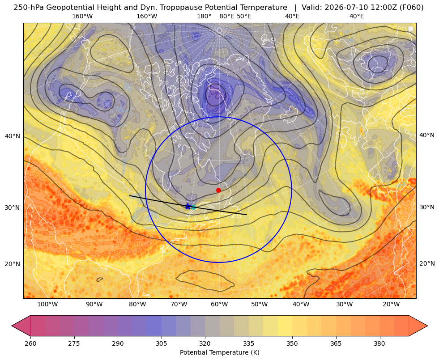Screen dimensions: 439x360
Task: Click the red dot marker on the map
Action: [x=218, y=190]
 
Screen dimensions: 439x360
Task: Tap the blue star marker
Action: [x=188, y=207]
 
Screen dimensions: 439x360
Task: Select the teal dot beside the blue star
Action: [x=193, y=207]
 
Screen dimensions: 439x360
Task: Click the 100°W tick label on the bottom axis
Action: [x=47, y=305]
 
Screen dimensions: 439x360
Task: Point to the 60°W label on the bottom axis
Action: [x=219, y=305]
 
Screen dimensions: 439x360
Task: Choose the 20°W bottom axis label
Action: [x=391, y=305]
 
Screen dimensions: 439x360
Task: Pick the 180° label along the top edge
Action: [x=204, y=16]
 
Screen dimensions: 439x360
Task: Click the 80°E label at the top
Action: [x=226, y=16]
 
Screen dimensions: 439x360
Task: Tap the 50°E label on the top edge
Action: [x=244, y=16]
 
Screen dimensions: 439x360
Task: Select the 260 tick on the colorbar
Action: [x=30, y=343]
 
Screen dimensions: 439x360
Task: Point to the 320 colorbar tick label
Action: [x=205, y=343]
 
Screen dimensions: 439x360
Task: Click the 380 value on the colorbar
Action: [x=379, y=343]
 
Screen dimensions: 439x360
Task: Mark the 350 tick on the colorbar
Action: [x=292, y=343]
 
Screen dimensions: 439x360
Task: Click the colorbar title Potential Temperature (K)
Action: [x=219, y=352]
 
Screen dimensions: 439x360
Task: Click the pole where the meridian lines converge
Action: [x=219, y=30]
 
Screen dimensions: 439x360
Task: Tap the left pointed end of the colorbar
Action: [x=12, y=326]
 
